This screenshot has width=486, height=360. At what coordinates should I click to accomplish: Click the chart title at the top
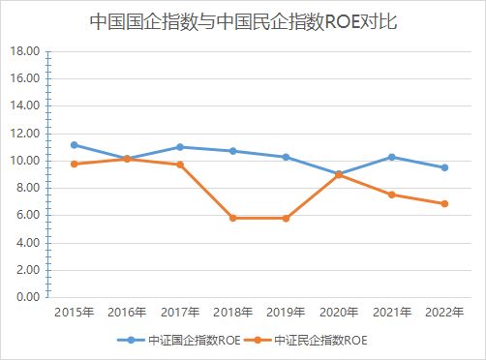[243, 20]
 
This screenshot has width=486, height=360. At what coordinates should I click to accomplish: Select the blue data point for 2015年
[75, 144]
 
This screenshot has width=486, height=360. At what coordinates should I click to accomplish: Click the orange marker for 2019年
[286, 218]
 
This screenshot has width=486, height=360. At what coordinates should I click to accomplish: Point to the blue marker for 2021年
[391, 157]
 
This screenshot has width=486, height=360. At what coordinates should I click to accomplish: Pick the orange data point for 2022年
[444, 203]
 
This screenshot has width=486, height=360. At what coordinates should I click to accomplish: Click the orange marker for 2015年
[75, 164]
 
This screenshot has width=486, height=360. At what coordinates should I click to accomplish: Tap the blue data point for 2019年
[286, 157]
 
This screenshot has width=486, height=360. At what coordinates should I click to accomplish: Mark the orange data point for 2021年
[391, 195]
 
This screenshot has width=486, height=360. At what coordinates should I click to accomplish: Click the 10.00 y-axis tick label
[25, 160]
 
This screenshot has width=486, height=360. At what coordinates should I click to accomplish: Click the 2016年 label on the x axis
[127, 312]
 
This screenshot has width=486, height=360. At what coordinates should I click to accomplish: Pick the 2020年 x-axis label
[339, 312]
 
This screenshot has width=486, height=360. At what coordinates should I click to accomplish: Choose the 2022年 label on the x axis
[444, 312]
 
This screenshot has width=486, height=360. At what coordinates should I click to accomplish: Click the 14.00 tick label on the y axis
[25, 105]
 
